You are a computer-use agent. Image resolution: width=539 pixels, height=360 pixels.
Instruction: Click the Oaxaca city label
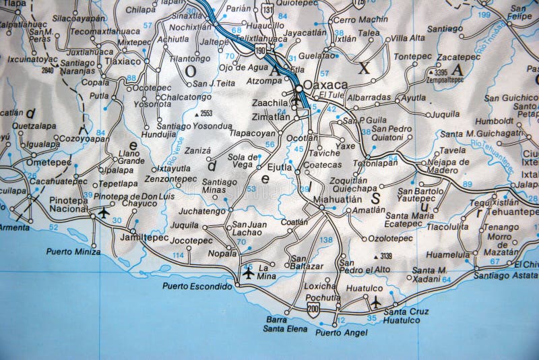(x=326, y=85)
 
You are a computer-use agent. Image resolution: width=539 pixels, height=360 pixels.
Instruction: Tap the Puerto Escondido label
(x=197, y=286)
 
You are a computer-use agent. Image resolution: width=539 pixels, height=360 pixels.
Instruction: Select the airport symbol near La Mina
(x=249, y=274)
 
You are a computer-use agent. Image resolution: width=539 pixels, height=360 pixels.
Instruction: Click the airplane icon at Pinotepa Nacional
(x=104, y=212)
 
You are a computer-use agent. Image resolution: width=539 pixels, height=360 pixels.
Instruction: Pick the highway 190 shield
(x=259, y=50)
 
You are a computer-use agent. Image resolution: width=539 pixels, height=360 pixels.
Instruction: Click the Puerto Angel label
(x=342, y=332)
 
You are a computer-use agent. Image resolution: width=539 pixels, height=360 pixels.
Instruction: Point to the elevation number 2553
(x=206, y=113)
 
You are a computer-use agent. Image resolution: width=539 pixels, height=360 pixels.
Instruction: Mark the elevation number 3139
(x=385, y=256)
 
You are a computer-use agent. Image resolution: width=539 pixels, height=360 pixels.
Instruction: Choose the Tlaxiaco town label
(x=123, y=61)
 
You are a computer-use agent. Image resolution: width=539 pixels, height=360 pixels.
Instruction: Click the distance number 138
(x=327, y=239)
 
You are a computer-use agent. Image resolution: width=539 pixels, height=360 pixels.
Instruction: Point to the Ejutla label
(x=280, y=167)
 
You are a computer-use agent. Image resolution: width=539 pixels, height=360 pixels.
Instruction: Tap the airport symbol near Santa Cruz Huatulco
(x=376, y=303)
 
